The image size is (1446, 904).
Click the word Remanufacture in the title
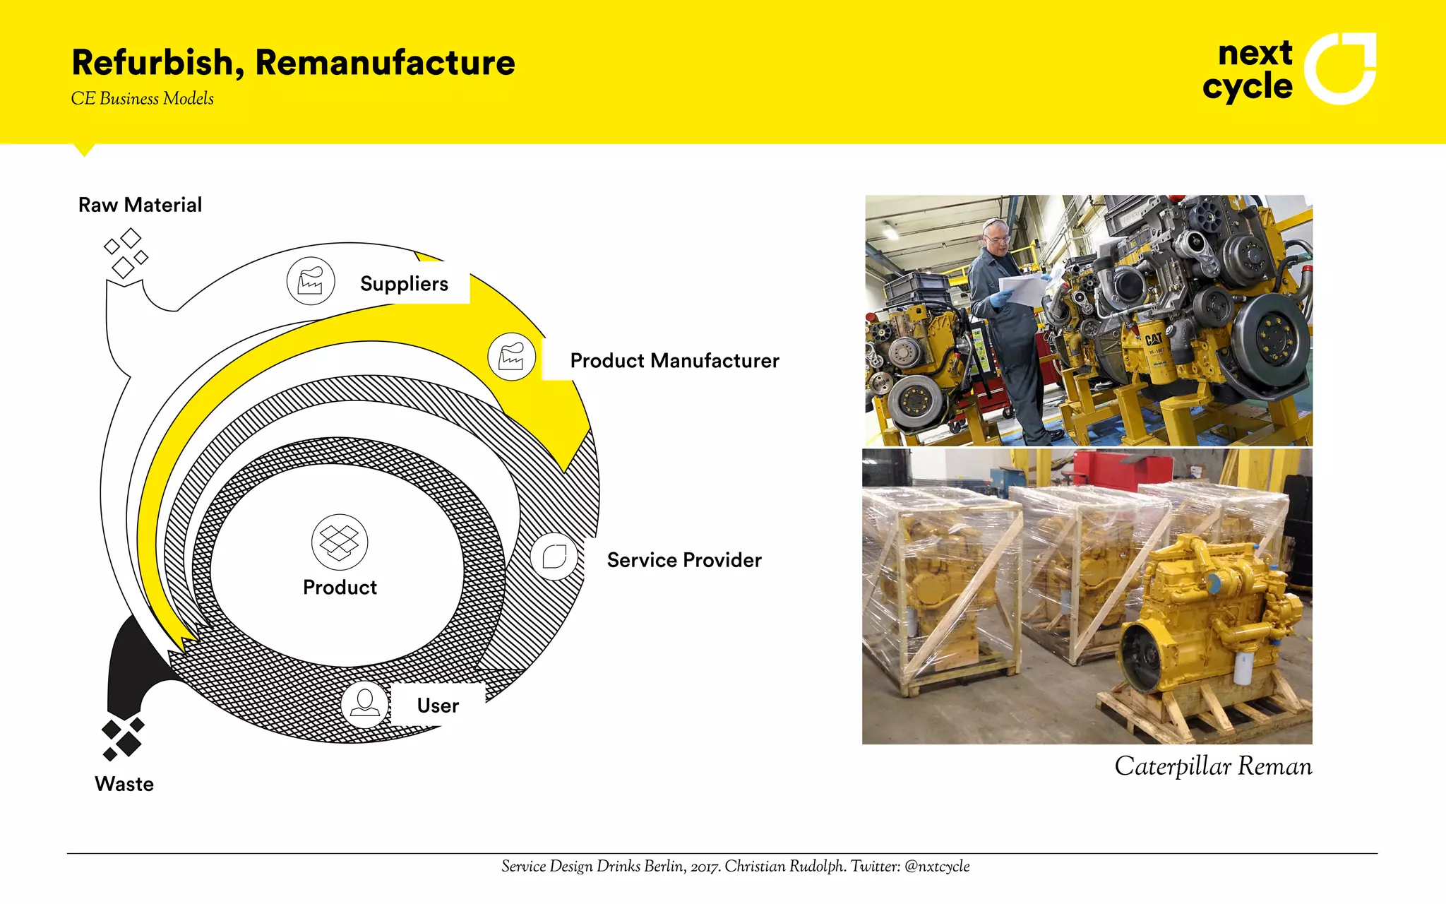(x=385, y=63)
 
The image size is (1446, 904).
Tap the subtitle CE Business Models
(x=142, y=99)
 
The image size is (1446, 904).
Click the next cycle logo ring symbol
(x=1339, y=69)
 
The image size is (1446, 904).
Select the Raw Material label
(x=140, y=205)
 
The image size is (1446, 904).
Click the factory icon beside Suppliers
(x=311, y=281)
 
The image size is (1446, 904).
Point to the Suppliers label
(x=404, y=284)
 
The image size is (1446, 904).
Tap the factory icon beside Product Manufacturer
(x=511, y=357)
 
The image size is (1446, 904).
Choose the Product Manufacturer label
(x=674, y=361)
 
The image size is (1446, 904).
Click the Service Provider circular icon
(x=554, y=557)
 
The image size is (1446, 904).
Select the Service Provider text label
(x=684, y=560)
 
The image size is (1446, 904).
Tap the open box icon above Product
(x=340, y=542)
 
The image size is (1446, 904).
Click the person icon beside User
(x=364, y=703)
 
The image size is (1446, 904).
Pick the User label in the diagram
(x=438, y=706)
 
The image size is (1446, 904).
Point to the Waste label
(x=124, y=784)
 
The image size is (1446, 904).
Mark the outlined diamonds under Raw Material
(x=126, y=252)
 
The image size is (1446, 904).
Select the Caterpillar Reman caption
(x=1212, y=766)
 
